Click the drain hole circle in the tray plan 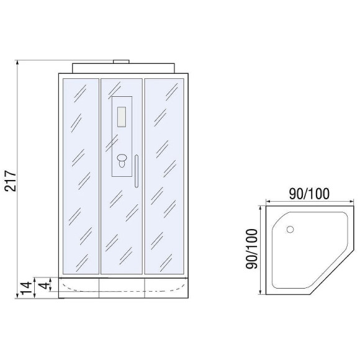(289, 229)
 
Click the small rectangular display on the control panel (121, 116)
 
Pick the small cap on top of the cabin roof (121, 61)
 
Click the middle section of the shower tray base (121, 286)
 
